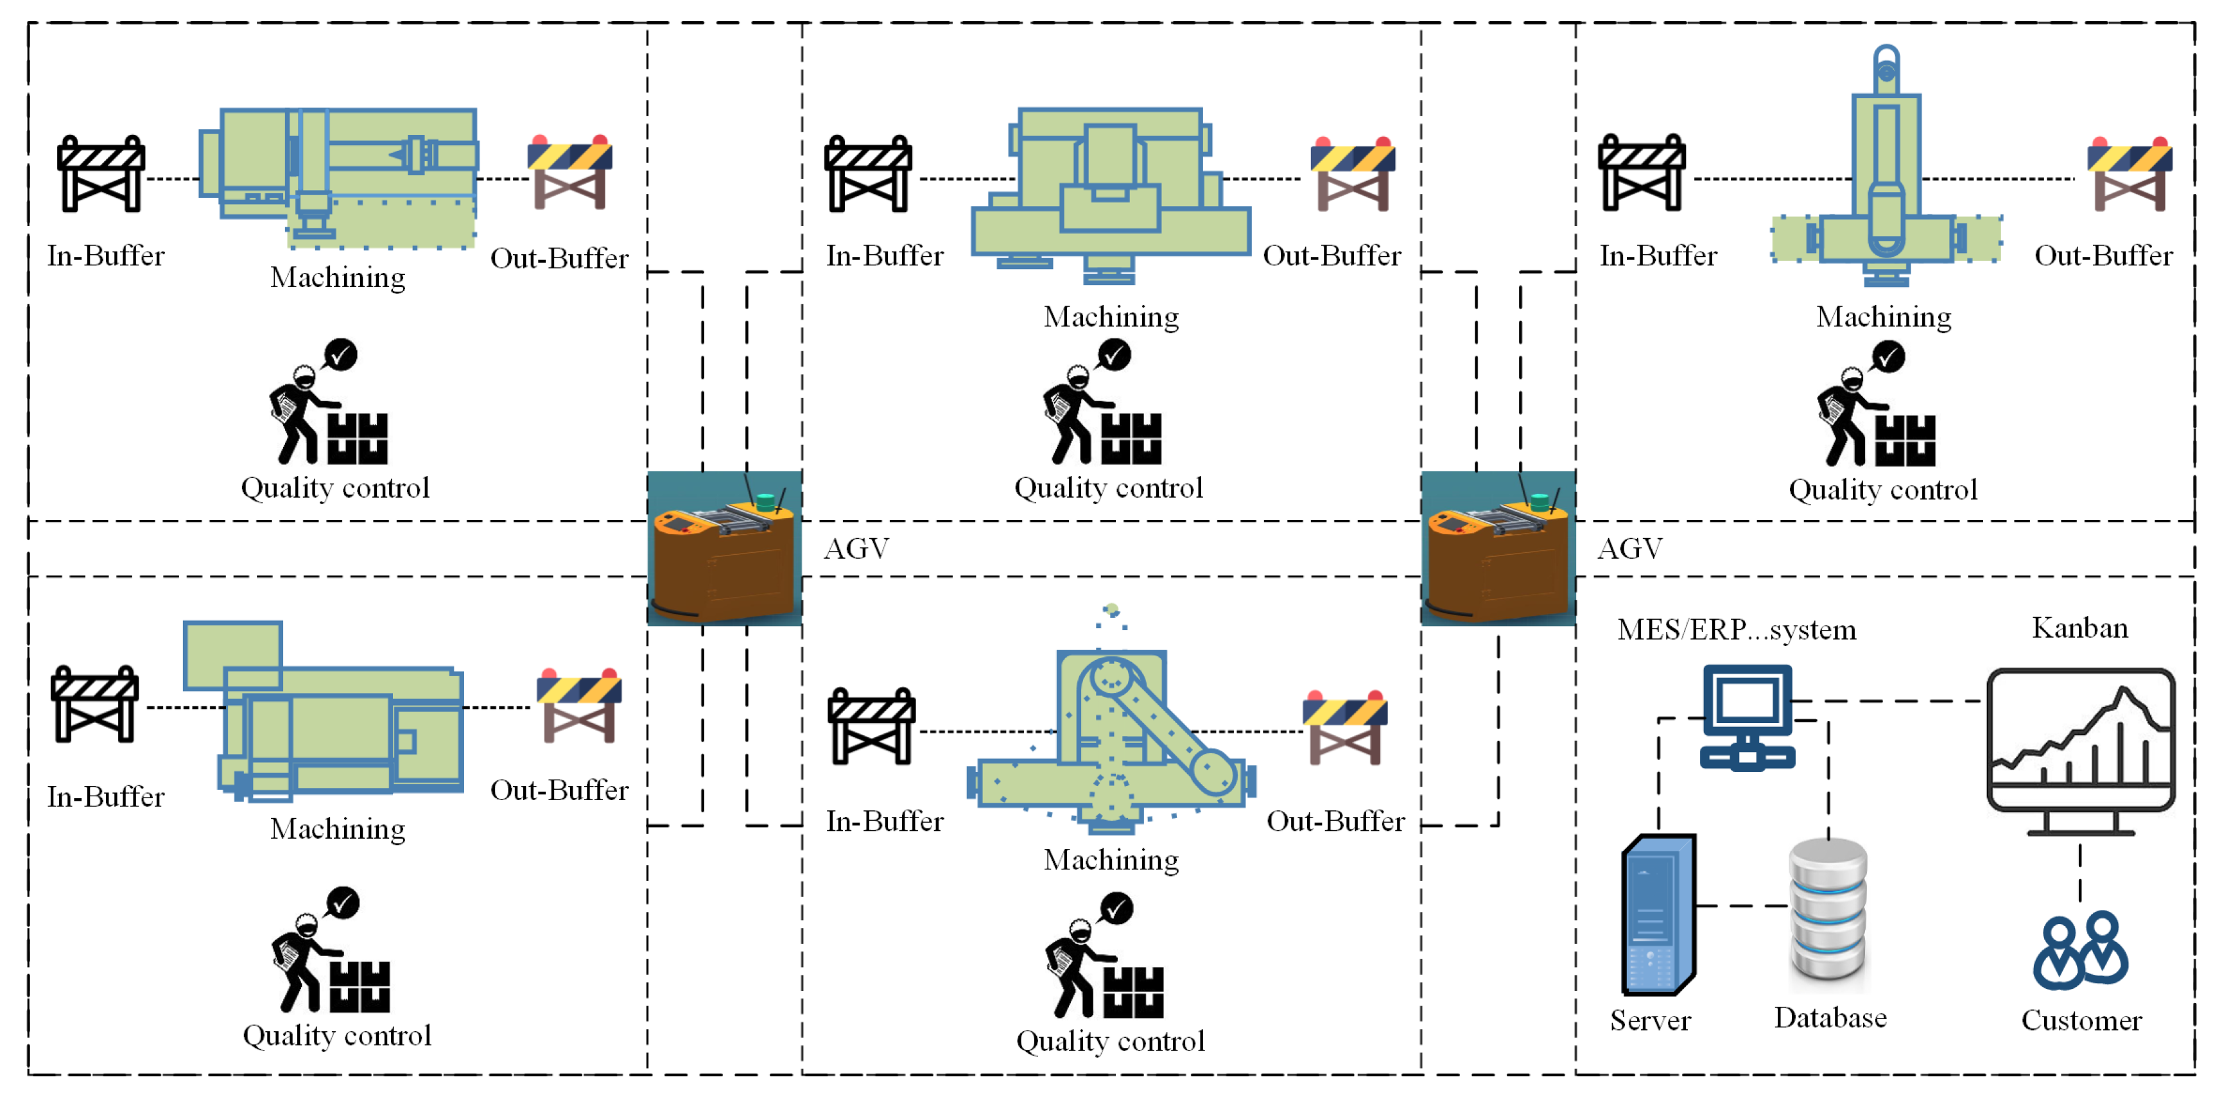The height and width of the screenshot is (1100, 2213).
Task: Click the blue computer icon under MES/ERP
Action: tap(1748, 717)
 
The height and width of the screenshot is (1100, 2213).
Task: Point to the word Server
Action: tap(1649, 1020)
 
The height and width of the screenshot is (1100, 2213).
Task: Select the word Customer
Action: tap(2081, 1020)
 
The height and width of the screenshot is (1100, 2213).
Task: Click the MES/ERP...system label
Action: tap(1736, 629)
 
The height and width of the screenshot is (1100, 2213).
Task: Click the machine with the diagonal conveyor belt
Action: tap(1111, 739)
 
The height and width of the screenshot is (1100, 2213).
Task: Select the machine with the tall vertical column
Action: tap(1886, 172)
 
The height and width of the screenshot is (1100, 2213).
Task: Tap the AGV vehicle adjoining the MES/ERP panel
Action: tap(1497, 548)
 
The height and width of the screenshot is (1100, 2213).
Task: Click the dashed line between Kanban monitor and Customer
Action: tap(2080, 872)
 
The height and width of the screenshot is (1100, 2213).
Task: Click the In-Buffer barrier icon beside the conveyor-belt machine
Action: tap(871, 727)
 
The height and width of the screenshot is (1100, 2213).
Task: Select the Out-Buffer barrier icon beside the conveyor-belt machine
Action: tap(1344, 727)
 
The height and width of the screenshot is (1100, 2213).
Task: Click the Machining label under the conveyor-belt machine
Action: tap(1111, 859)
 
